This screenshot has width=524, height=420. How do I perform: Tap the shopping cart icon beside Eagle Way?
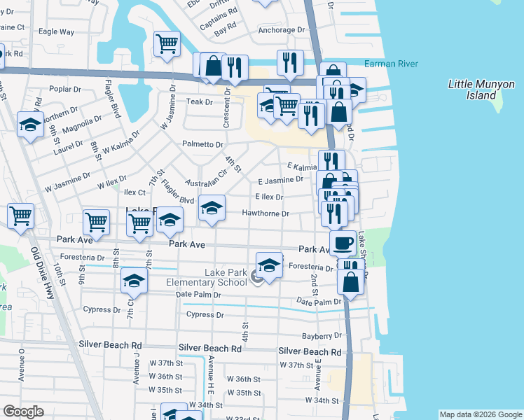tap(167, 43)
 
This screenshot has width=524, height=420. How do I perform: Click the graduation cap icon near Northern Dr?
tap(30, 125)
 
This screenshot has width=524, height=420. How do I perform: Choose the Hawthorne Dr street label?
tap(266, 213)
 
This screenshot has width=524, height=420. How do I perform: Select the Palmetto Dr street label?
tap(203, 145)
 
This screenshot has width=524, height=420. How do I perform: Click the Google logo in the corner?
tap(23, 411)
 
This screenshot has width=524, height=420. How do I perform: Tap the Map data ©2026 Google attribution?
tap(480, 414)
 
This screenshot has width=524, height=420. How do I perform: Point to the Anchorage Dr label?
tap(283, 30)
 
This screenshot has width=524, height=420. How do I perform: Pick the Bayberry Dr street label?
tap(321, 337)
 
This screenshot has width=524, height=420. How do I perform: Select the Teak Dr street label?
tap(199, 102)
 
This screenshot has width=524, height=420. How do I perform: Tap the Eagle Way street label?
tap(57, 31)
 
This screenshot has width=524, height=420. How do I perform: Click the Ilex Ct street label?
tap(134, 192)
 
